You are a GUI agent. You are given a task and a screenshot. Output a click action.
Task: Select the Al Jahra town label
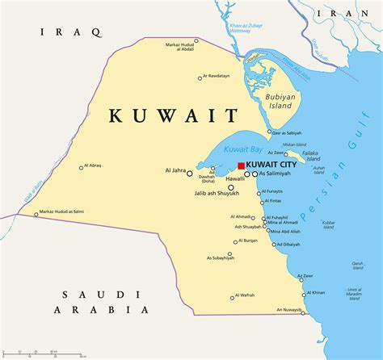coord(176,171)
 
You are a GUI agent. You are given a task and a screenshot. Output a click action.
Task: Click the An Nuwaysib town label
coord(288,310)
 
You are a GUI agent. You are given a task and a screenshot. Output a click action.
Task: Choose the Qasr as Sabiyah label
coord(286,132)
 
